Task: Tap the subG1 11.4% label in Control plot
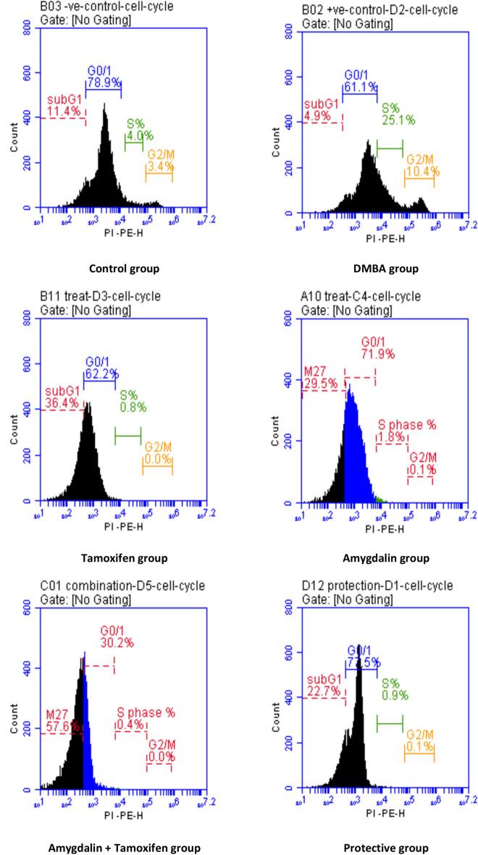point(64,105)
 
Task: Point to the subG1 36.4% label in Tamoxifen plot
point(64,398)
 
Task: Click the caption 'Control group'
point(124,269)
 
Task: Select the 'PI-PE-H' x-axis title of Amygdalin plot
point(385,529)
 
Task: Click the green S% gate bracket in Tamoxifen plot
point(128,435)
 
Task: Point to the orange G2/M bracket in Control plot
point(159,174)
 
